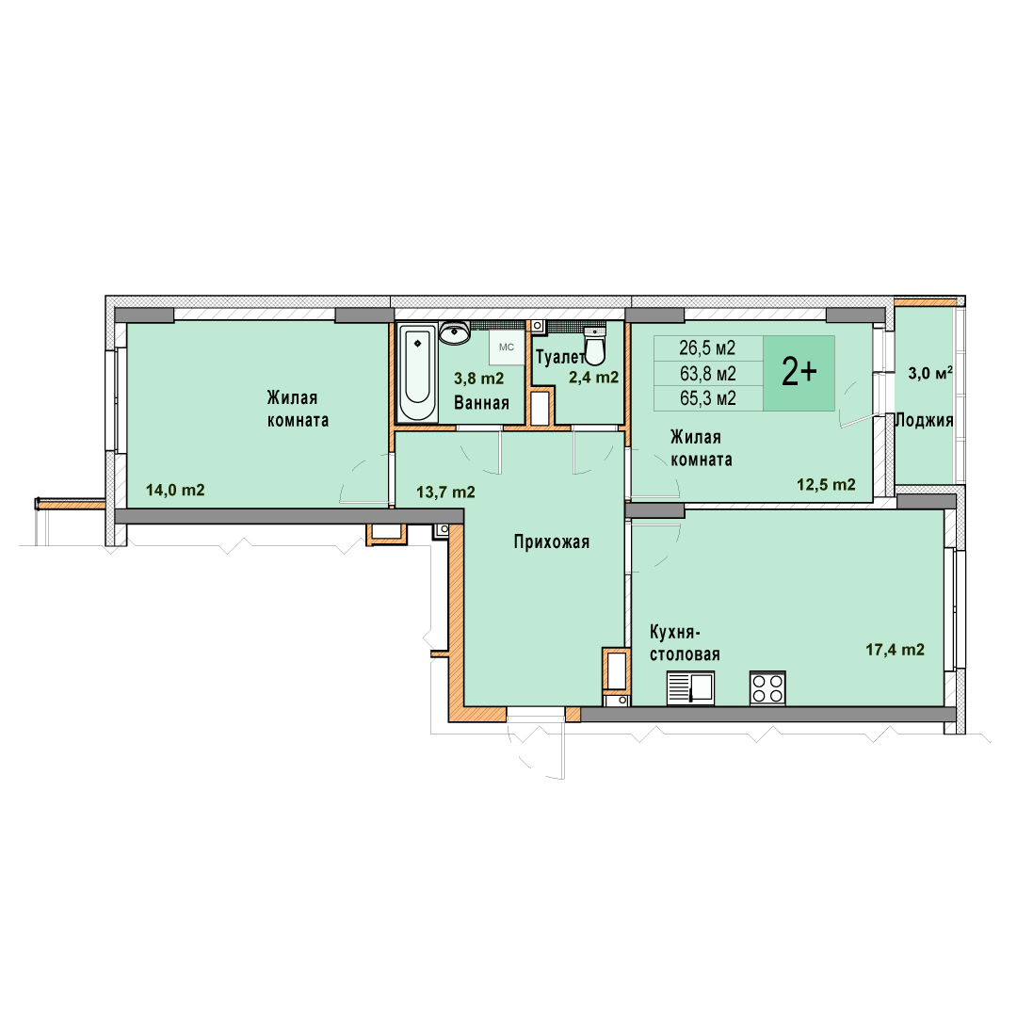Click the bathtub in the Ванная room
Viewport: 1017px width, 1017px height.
click(x=416, y=372)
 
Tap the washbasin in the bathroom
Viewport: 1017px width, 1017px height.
click(x=455, y=332)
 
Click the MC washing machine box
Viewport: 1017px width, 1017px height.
click(x=507, y=347)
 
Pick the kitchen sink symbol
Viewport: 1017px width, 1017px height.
click(x=691, y=687)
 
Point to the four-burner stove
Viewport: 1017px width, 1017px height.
click(x=768, y=687)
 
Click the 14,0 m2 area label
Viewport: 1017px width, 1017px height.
click(x=175, y=491)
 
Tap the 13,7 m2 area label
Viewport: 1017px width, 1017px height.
click(x=445, y=492)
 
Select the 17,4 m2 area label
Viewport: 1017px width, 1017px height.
click(x=896, y=649)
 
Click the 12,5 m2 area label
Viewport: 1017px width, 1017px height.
click(x=826, y=485)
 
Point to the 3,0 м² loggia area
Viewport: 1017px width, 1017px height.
click(x=930, y=373)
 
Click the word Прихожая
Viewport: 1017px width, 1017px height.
click(x=551, y=541)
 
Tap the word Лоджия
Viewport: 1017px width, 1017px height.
click(x=925, y=420)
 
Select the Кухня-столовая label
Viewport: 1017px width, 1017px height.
click(x=685, y=643)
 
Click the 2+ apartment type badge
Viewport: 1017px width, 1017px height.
click(x=799, y=373)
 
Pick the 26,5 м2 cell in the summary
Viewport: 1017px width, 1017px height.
click(x=707, y=348)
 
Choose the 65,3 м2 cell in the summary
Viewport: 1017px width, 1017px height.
click(x=707, y=398)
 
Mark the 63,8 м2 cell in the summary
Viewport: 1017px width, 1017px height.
click(x=707, y=374)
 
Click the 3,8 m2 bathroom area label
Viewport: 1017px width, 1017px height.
click(x=478, y=379)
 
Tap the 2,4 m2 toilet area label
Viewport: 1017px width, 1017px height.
click(x=593, y=378)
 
